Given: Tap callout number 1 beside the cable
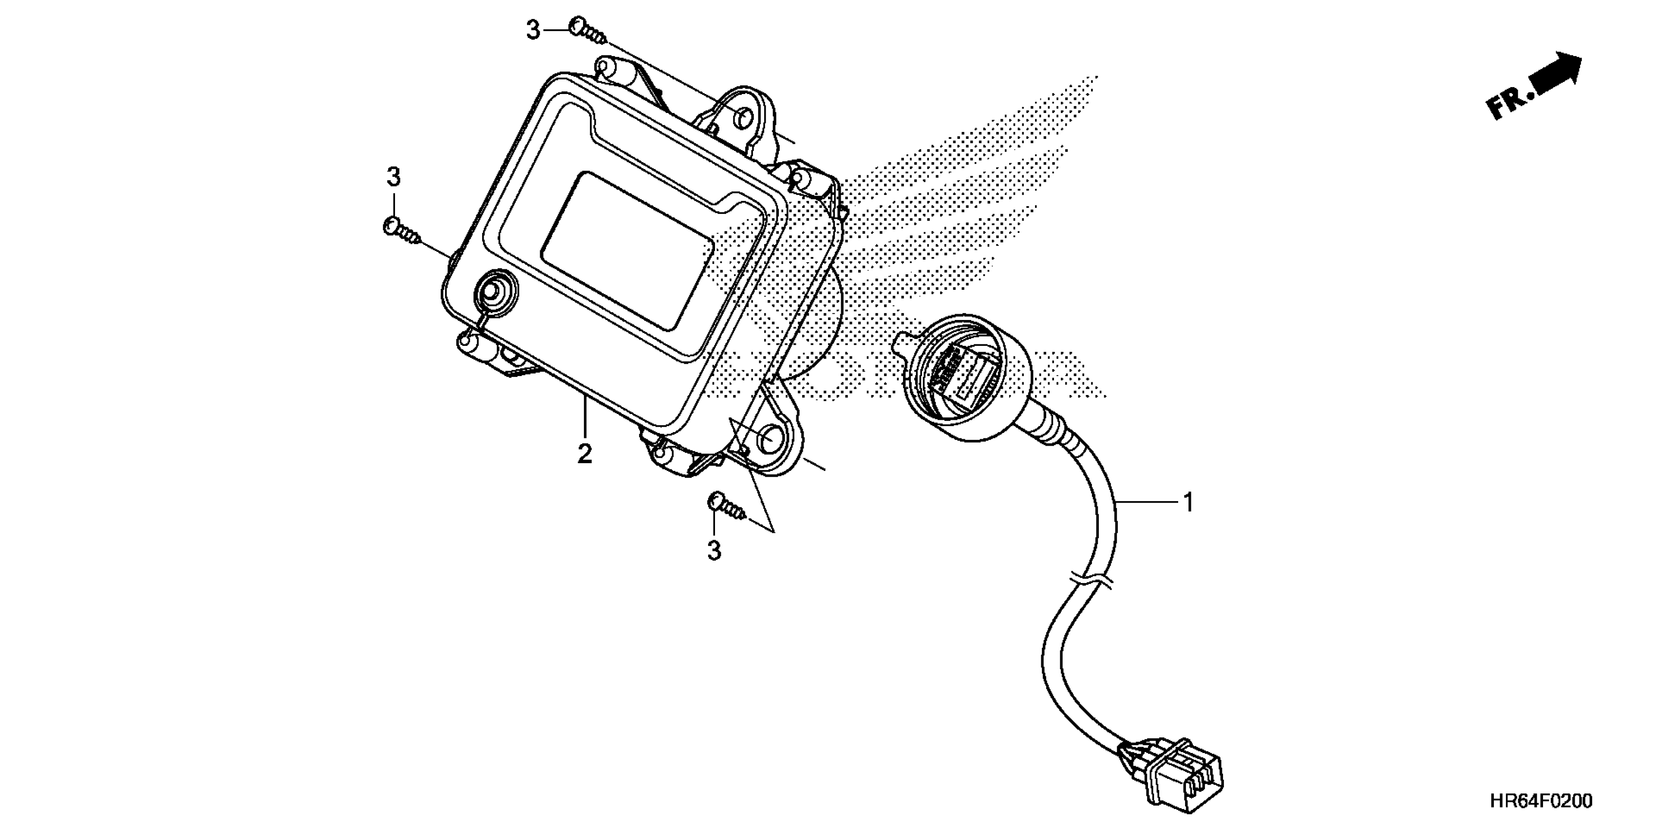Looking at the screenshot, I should pos(1188,502).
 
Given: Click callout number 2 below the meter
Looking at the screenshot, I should pos(584,454).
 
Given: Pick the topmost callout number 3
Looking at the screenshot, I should pos(533,30).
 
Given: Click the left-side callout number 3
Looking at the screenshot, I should pos(394,177).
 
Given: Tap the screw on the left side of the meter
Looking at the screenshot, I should pos(402,231).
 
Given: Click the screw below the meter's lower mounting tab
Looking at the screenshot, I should pos(728,505).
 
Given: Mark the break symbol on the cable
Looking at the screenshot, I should pos(1091,581).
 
